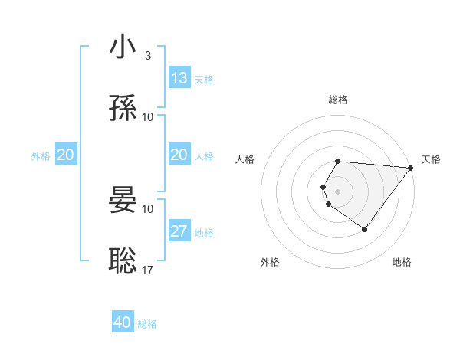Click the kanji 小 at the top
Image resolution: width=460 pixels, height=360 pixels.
click(x=123, y=47)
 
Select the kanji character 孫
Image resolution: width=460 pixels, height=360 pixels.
click(x=123, y=109)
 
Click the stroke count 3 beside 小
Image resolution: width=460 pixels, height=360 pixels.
click(x=147, y=56)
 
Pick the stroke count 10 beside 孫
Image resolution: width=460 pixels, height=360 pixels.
click(x=148, y=117)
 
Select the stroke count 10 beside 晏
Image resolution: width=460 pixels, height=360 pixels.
click(x=148, y=208)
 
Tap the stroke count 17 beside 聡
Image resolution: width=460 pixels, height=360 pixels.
click(x=148, y=270)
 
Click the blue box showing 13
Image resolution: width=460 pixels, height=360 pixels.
click(x=179, y=78)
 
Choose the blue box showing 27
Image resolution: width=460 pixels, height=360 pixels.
click(x=179, y=231)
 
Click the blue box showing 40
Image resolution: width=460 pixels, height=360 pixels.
click(x=123, y=323)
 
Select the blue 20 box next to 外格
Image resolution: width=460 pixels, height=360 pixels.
click(x=65, y=155)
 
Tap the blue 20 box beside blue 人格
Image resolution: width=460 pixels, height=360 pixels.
click(x=179, y=155)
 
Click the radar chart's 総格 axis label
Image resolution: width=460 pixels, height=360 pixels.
click(x=338, y=100)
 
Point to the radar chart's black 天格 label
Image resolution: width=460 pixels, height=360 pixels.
click(x=431, y=159)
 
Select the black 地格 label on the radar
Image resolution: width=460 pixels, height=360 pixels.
click(x=402, y=262)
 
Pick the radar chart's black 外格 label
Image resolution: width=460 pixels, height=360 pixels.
click(x=270, y=262)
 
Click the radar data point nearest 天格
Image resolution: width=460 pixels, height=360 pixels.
click(x=411, y=168)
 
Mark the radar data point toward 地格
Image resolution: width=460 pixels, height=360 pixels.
click(x=365, y=229)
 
